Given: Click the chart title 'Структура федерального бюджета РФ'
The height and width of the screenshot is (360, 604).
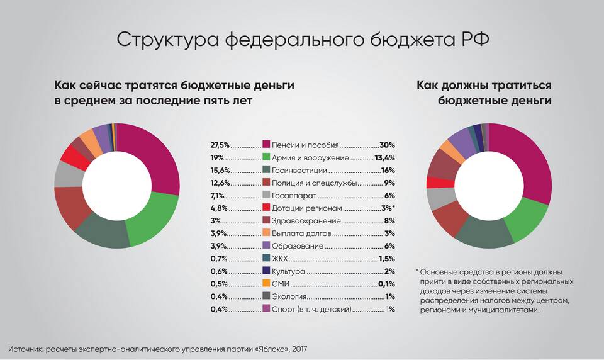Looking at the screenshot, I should click(x=302, y=40).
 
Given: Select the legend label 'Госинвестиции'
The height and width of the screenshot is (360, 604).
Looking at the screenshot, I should click(x=299, y=170).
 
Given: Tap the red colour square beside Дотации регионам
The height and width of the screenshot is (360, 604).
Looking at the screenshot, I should click(x=266, y=208).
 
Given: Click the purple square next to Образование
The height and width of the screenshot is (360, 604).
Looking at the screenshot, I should click(x=266, y=246).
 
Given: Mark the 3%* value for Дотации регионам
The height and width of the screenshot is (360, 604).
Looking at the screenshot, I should click(x=386, y=208).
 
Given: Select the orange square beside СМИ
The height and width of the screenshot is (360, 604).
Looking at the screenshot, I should click(x=266, y=284).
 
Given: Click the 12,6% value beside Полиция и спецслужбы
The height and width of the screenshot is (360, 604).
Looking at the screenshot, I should click(x=220, y=183).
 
